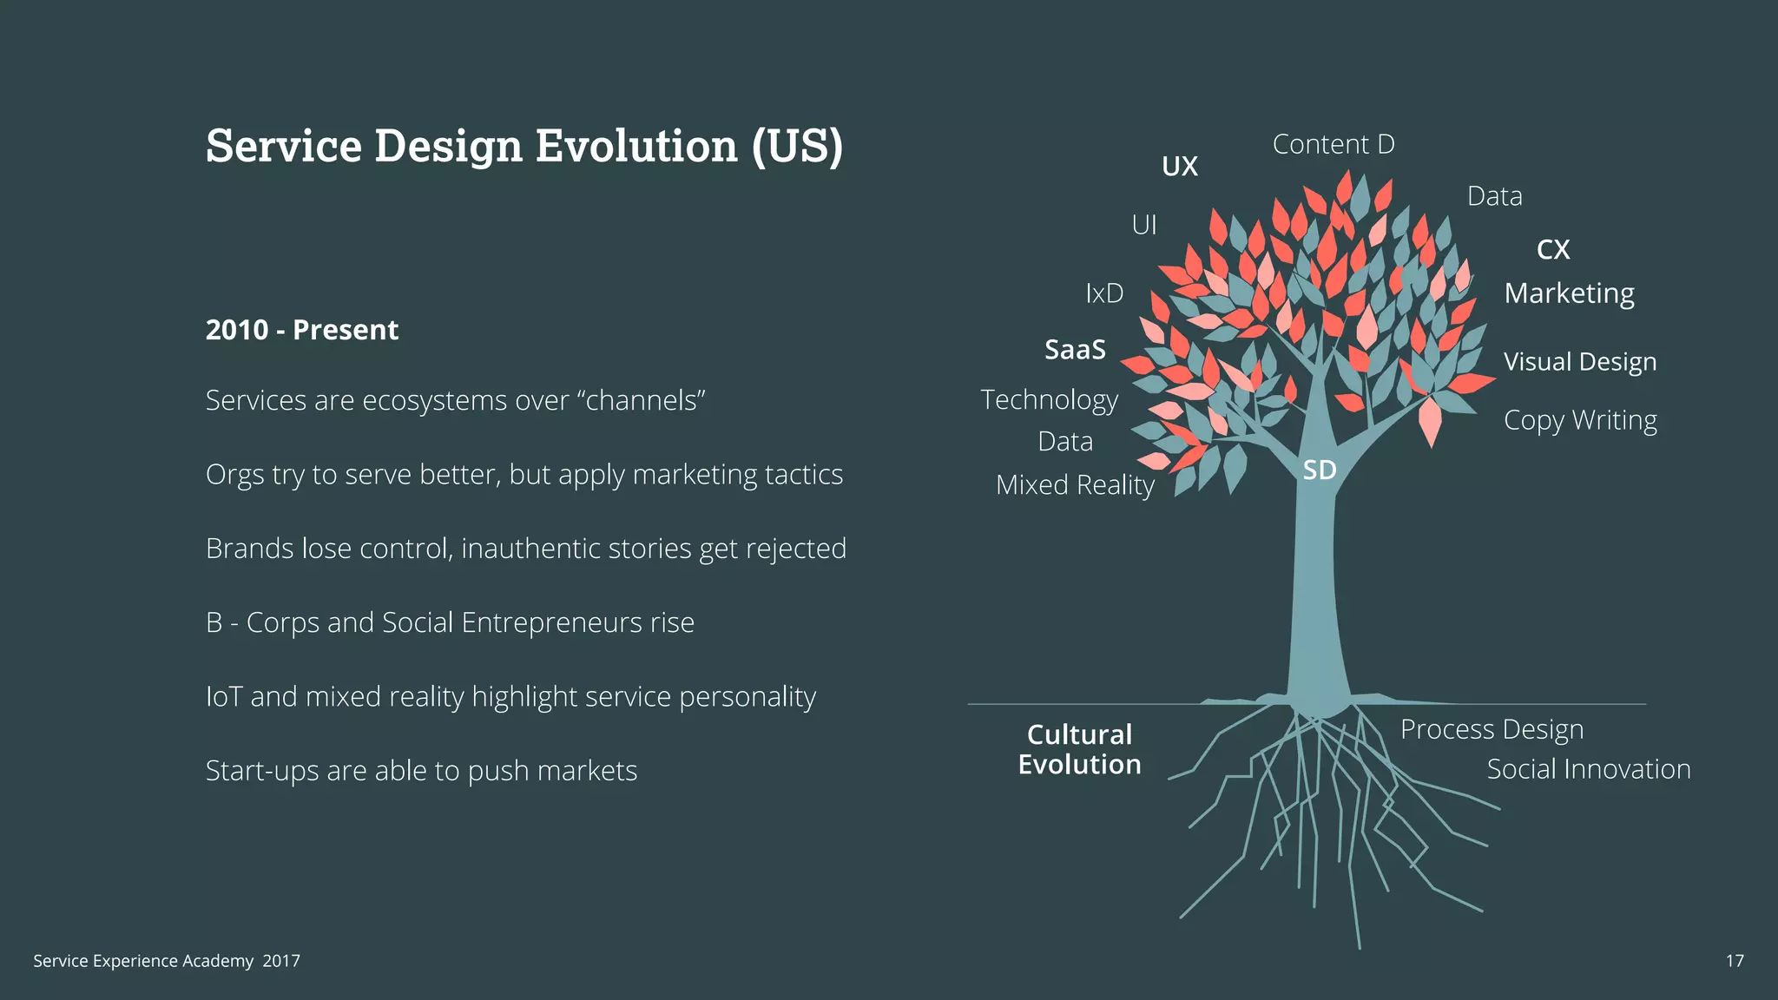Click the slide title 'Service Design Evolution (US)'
pos(524,145)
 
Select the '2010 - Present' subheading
pos(301,330)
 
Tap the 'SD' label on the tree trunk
pos(1320,470)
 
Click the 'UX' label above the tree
pos(1180,166)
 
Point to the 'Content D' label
pos(1333,144)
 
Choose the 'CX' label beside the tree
pos(1553,250)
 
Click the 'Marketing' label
pos(1569,293)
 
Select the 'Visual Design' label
pos(1580,362)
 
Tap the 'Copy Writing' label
pos(1580,420)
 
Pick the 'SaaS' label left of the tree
pos(1075,350)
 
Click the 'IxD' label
pos(1104,293)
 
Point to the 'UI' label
pos(1144,226)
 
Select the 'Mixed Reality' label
pos(1075,485)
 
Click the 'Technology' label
pos(1049,400)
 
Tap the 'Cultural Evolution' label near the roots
pos(1079,749)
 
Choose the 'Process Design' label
pos(1492,730)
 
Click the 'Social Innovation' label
pos(1588,769)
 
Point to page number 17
pos(1734,961)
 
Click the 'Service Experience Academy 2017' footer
pos(167,961)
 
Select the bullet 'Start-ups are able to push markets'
pos(421,771)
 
